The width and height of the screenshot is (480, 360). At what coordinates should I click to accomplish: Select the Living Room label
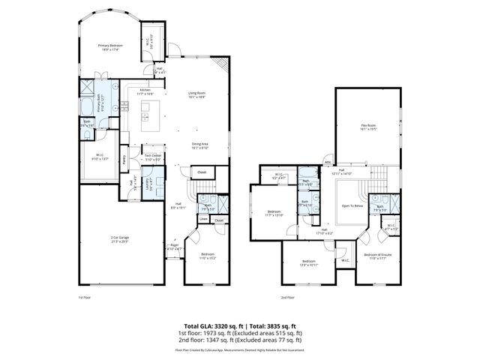coord(196,94)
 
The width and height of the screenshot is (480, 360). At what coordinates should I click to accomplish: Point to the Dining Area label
coord(199,145)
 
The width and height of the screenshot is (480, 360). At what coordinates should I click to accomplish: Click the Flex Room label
coord(368,127)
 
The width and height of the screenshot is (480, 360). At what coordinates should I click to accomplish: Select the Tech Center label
coord(153,157)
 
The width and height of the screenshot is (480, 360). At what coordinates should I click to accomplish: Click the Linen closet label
coord(203,219)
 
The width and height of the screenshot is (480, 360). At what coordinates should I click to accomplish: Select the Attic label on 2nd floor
coord(328,162)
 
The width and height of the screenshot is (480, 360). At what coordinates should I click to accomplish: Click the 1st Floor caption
coord(85,298)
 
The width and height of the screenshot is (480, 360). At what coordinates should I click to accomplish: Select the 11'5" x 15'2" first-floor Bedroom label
coord(207,256)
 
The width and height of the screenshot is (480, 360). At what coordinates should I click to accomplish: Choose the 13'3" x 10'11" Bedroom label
coord(308,262)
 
